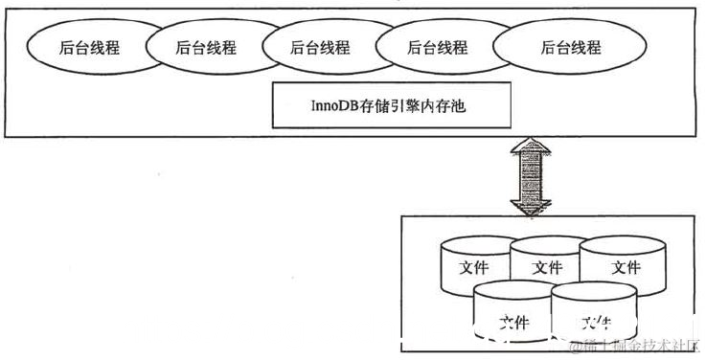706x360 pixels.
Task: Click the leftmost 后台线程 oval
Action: point(89,47)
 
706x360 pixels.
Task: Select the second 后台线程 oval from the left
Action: point(206,47)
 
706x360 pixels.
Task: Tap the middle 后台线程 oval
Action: point(320,47)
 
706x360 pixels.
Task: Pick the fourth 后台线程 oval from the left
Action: point(438,47)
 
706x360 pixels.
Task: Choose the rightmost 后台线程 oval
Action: point(571,47)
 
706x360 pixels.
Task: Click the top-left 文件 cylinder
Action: point(473,265)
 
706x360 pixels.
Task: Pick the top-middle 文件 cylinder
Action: point(547,265)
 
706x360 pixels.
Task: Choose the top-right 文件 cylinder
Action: point(625,265)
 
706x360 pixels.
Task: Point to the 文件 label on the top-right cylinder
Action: point(625,267)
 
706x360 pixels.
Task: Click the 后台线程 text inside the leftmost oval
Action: point(89,47)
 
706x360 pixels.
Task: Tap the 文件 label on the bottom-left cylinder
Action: point(514,321)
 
